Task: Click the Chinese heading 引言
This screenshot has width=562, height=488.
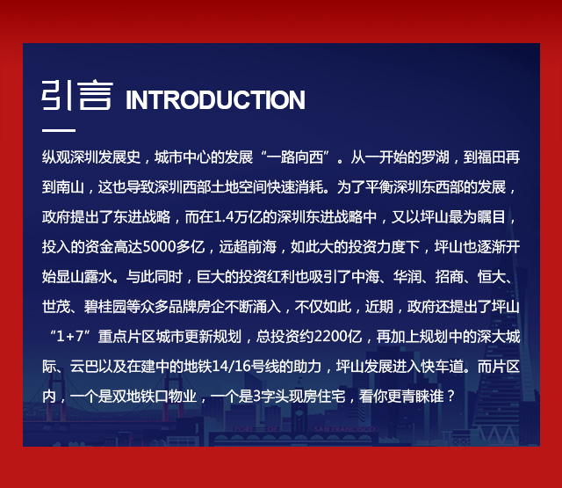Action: (77, 96)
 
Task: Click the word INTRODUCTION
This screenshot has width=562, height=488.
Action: (215, 99)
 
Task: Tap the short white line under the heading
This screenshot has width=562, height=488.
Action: (59, 130)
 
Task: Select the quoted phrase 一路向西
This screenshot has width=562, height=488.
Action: (295, 157)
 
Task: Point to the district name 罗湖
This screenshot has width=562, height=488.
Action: (436, 157)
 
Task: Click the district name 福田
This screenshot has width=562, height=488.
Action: (492, 157)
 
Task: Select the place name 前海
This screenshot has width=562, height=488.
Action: (262, 246)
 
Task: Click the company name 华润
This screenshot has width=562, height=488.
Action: (407, 277)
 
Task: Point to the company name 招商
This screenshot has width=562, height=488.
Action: (449, 277)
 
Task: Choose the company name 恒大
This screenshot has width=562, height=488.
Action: (492, 277)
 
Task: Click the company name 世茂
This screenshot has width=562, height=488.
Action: (56, 307)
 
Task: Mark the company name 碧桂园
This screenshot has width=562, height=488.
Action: (105, 307)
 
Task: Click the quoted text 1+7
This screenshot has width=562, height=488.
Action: (70, 336)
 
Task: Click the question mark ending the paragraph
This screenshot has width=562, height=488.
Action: (450, 397)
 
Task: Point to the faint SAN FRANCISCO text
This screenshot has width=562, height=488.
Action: (344, 429)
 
